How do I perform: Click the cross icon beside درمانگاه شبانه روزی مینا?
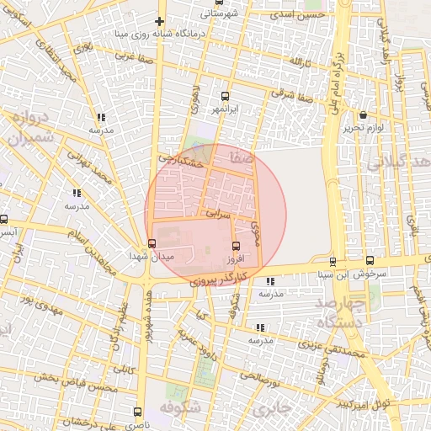[x=159, y=21]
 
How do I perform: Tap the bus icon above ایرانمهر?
[x=224, y=97]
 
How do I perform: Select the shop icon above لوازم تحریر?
[x=363, y=115]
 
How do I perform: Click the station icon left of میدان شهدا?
[x=152, y=244]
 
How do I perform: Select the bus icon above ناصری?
[x=138, y=412]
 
